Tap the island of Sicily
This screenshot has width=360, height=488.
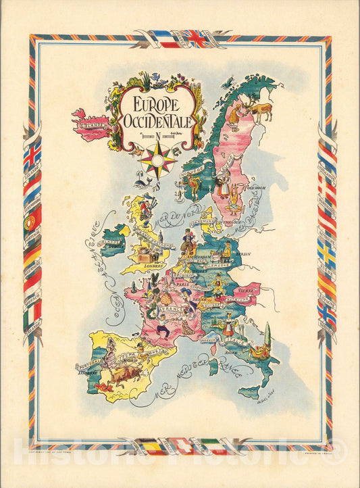point(249,391)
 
